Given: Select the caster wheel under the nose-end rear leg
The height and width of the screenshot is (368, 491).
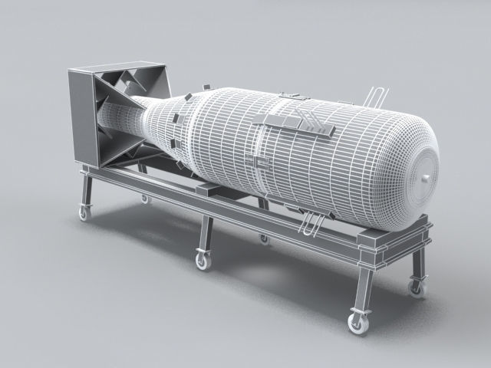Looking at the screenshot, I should (417, 288).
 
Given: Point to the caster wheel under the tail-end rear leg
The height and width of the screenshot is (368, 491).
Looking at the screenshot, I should (144, 199).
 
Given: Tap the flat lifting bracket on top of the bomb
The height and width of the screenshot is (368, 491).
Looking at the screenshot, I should (296, 124).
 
